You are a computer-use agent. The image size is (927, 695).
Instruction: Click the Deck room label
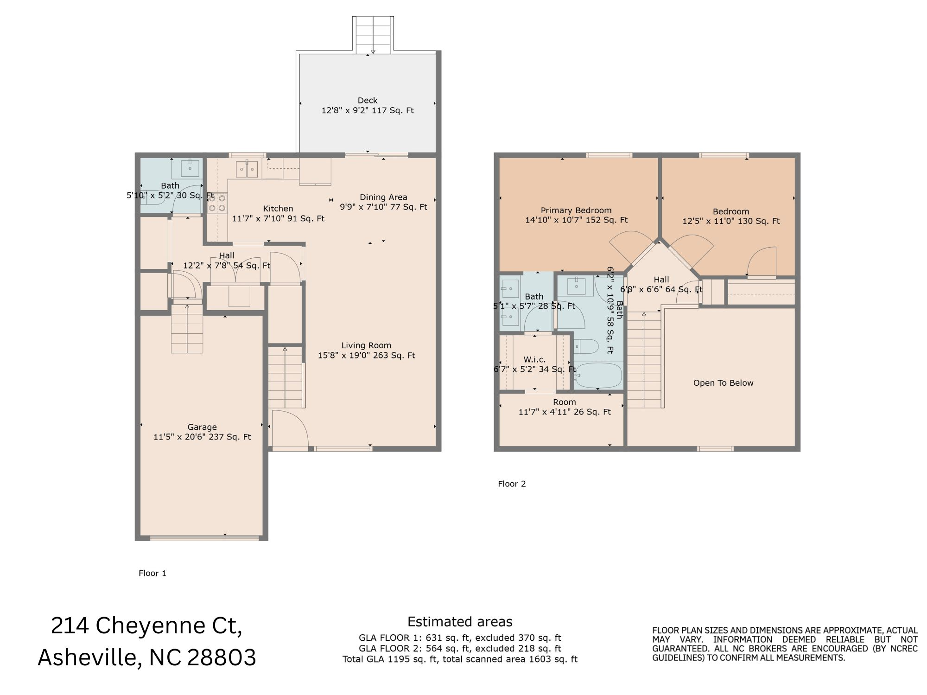368,101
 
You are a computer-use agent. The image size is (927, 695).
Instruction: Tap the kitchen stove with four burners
217,203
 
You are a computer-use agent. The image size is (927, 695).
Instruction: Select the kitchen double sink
247,169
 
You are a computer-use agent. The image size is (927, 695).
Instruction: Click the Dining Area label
383,197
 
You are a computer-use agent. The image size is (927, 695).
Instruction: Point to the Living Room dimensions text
366,356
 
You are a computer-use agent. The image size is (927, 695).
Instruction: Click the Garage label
202,427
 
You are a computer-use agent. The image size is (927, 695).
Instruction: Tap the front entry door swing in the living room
290,429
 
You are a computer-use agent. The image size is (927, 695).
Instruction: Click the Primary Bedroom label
576,210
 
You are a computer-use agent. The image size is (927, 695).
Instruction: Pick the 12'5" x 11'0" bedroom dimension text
730,221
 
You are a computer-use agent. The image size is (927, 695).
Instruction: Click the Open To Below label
723,383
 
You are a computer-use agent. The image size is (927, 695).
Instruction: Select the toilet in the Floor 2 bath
586,346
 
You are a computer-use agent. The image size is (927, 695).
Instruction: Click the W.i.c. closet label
534,359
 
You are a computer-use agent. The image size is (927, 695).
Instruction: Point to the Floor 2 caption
512,484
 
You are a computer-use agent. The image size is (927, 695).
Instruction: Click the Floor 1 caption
152,573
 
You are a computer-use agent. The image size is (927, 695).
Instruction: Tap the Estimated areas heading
460,622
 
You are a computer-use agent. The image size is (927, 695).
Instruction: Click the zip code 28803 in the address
222,657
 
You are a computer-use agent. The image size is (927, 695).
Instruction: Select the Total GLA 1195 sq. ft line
460,659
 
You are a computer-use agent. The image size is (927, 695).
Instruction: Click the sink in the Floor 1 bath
190,168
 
